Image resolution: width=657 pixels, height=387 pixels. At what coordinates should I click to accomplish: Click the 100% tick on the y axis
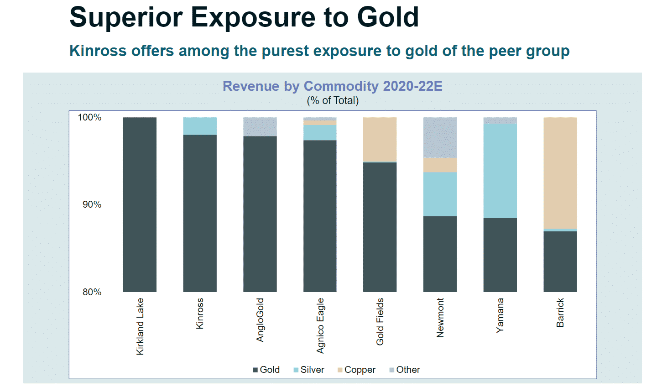click(x=89, y=117)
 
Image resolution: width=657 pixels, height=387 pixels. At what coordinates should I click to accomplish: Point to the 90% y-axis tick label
click(x=92, y=204)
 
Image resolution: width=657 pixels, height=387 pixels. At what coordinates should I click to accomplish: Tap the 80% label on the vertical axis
click(x=92, y=292)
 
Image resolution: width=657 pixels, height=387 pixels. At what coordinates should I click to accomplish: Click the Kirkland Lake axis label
click(x=140, y=326)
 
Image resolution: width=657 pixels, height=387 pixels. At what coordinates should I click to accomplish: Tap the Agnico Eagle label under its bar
click(x=320, y=325)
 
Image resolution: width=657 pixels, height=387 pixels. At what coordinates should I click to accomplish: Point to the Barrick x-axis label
click(x=560, y=313)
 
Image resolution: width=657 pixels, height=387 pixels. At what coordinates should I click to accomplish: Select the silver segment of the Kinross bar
click(x=200, y=126)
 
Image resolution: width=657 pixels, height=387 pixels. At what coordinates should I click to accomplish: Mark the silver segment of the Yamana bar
click(x=500, y=171)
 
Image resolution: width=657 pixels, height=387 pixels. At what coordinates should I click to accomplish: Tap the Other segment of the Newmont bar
click(x=440, y=137)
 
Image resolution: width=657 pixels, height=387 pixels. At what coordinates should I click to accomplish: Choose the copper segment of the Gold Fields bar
click(x=380, y=139)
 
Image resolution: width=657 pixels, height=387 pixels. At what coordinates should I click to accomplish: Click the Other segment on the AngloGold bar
click(x=260, y=126)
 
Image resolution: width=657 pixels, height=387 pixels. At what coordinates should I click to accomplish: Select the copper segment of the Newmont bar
click(x=440, y=165)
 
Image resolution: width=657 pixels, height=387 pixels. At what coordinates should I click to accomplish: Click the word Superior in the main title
click(x=125, y=17)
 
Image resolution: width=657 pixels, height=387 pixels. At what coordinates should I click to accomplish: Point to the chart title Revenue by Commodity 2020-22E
click(x=332, y=86)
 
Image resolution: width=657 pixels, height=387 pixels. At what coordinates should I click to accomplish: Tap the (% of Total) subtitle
click(x=333, y=100)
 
